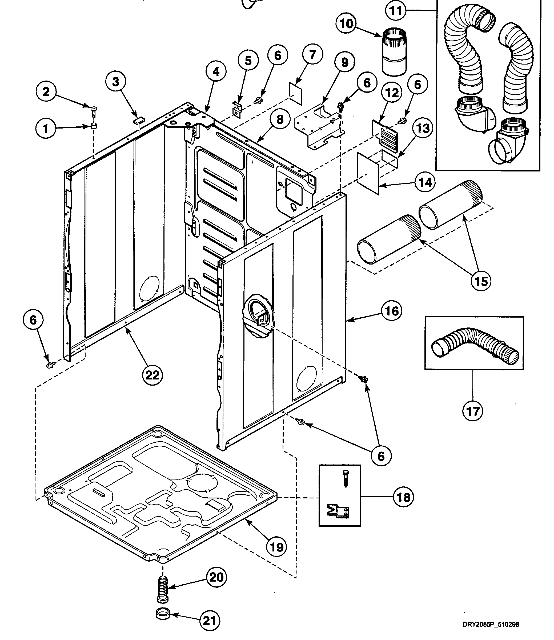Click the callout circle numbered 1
pyautogui.click(x=46, y=128)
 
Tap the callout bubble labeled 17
pyautogui.click(x=473, y=411)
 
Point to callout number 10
pyautogui.click(x=346, y=23)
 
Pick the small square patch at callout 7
pyautogui.click(x=295, y=90)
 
